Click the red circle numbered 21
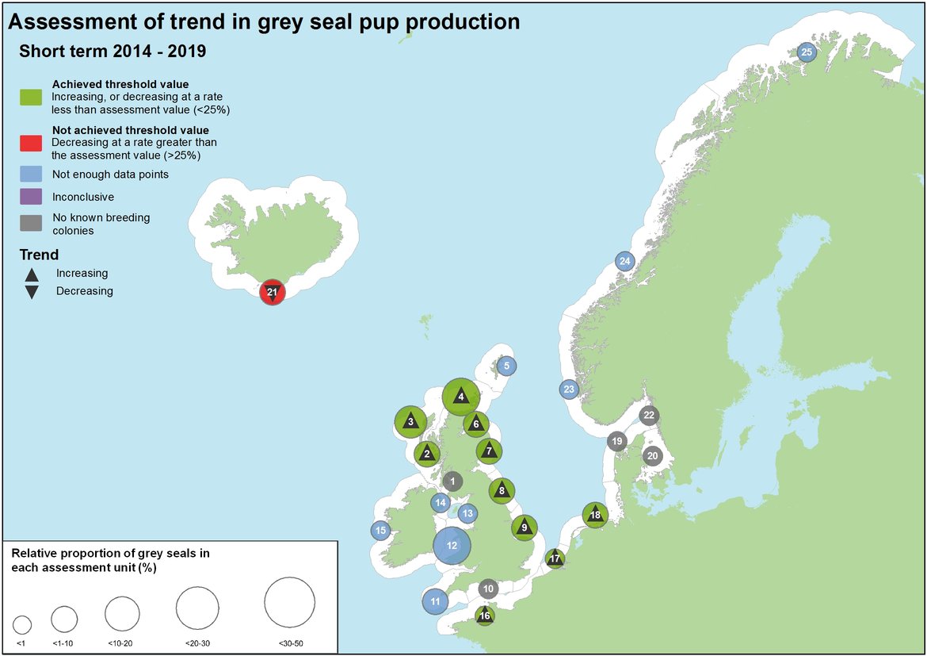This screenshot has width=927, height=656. (272, 293)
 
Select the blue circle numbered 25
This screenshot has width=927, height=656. (807, 52)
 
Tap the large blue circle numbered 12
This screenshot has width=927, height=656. (452, 546)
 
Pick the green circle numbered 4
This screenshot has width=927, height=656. (460, 397)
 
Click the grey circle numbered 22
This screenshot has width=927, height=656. (649, 415)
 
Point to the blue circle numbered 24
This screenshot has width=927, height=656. (624, 261)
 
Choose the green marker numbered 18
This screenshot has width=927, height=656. (595, 515)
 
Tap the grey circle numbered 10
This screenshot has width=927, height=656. (488, 589)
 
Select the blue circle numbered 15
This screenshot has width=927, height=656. (380, 531)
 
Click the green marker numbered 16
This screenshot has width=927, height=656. (485, 615)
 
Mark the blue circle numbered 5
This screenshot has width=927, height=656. (507, 366)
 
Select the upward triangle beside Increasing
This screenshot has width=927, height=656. (32, 274)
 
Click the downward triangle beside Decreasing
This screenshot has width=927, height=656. (32, 292)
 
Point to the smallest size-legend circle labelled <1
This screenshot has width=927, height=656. (22, 624)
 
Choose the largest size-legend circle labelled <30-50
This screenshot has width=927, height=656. (289, 603)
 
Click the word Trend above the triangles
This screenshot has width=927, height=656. (40, 255)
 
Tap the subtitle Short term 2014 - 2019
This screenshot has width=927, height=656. (112, 52)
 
